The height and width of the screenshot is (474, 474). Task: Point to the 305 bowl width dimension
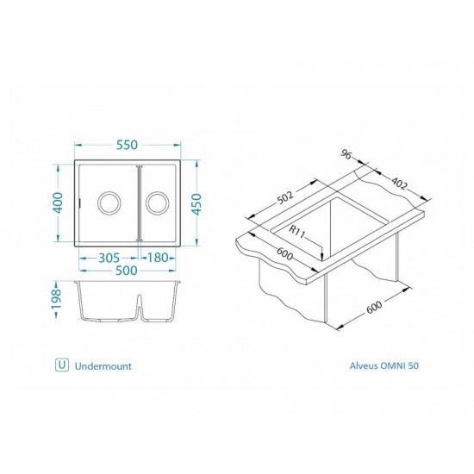point(107,256)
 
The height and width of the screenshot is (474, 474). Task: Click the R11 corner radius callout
point(298,232)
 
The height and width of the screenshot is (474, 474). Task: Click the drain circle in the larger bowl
point(109,203)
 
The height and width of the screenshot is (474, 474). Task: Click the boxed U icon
point(61,365)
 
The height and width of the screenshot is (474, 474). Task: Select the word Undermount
point(103,365)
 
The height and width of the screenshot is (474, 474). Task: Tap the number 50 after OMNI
point(415,365)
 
